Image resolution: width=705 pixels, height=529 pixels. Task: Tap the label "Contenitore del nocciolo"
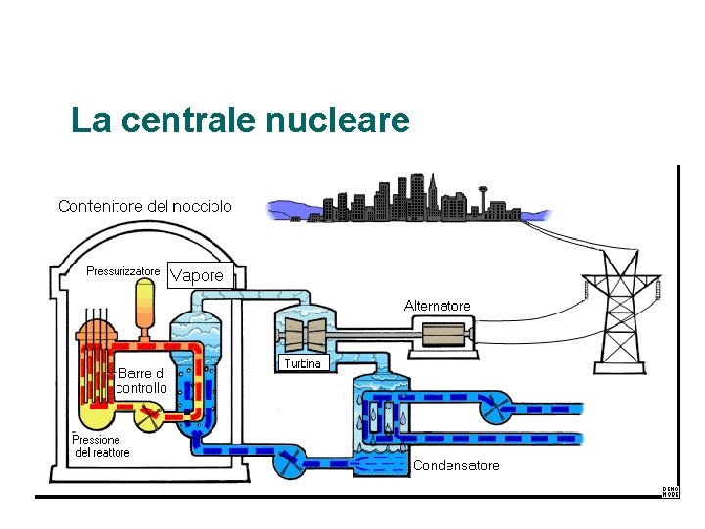145,206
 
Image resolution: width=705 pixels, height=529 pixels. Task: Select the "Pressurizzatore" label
123,271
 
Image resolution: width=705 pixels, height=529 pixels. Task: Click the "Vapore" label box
197,275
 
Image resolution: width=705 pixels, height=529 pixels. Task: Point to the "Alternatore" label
437,306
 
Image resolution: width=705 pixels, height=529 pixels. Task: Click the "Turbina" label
303,363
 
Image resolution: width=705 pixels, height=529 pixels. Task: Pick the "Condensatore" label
456,465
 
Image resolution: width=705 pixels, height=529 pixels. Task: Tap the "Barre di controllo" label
142,380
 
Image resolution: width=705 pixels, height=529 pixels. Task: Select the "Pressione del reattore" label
102,446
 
